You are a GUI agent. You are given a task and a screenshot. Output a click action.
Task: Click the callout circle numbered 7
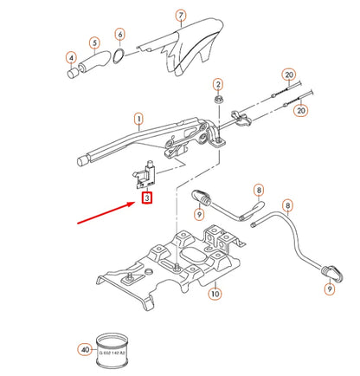pyautogui.click(x=180, y=16)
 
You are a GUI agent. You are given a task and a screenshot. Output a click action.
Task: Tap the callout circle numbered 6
pyautogui.click(x=119, y=35)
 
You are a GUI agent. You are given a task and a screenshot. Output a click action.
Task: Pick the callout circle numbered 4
pyautogui.click(x=70, y=59)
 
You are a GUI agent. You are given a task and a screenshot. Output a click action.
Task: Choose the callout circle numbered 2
pyautogui.click(x=219, y=84)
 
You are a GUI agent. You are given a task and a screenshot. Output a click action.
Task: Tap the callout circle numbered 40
pyautogui.click(x=84, y=351)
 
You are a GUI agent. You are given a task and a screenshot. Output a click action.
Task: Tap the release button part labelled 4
pyautogui.click(x=73, y=77)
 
